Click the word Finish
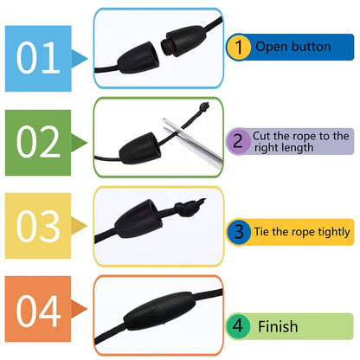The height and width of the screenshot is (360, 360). [x=277, y=326]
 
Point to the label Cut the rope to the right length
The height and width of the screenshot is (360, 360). [x=299, y=141]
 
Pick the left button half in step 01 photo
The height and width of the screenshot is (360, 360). [x=134, y=52]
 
